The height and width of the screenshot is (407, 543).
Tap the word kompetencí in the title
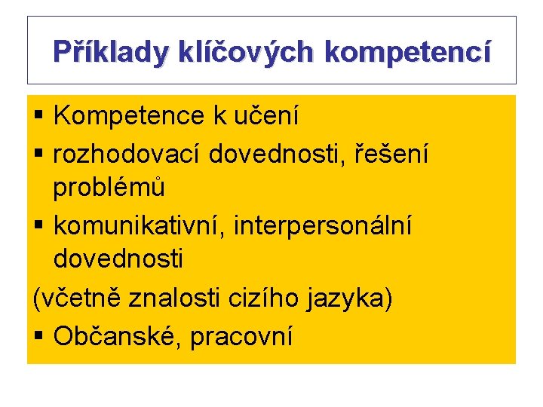click(x=408, y=52)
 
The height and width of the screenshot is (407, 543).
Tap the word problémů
click(x=109, y=187)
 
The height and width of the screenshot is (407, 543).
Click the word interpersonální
click(x=324, y=225)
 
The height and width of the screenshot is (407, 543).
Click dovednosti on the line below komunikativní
click(x=118, y=259)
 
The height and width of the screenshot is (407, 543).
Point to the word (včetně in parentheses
click(x=77, y=298)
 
